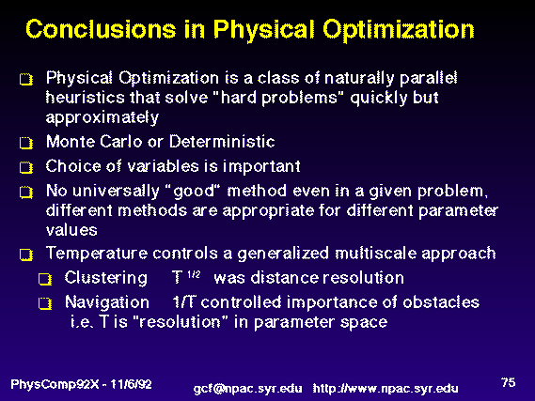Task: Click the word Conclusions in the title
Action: pos(101,29)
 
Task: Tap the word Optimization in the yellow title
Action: pos(399,31)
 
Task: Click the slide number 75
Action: pos(508,382)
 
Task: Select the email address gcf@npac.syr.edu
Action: pos(247,389)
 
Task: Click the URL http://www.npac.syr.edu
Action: pos(386,389)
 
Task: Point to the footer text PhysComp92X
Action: pos(55,385)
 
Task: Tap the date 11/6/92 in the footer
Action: pos(131,384)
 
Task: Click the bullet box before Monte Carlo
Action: pos(26,143)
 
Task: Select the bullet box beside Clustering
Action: pos(45,279)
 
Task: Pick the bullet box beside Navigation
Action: pos(45,303)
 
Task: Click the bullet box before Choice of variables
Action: pos(26,167)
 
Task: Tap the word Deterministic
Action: pos(222,142)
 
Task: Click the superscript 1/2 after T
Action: pos(194,274)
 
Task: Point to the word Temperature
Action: pos(97,254)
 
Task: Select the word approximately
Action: pos(102,118)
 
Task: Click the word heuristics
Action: pos(85,98)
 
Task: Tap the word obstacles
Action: pos(441,301)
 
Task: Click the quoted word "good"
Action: pos(194,192)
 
